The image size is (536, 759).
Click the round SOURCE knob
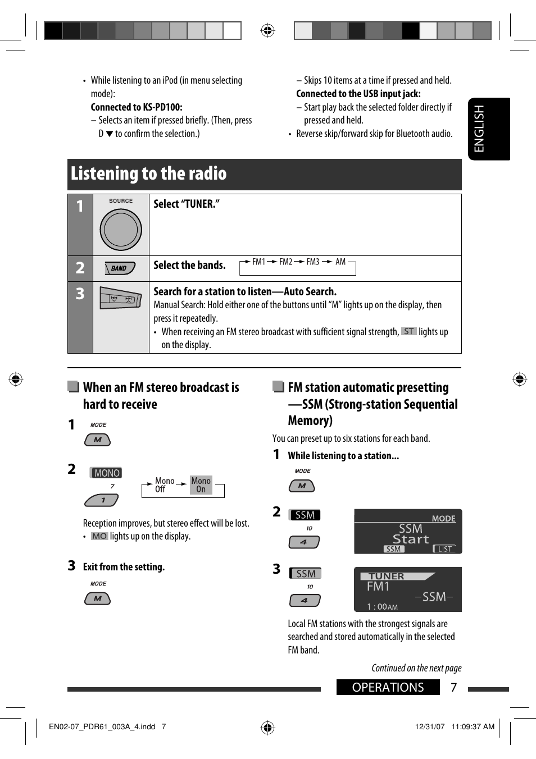coord(121,230)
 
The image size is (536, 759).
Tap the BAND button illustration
coord(120,268)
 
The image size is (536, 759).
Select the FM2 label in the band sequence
coord(285,262)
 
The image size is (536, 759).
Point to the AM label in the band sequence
coord(340,262)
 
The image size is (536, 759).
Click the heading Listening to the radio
coord(149,174)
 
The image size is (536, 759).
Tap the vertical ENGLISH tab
coord(479,129)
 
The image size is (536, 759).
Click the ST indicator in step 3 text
coord(408,332)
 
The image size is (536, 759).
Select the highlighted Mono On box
coord(201,485)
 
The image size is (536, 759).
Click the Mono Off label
coord(164,485)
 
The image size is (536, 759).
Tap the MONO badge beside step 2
coord(107,473)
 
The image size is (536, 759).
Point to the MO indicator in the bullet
coord(99,536)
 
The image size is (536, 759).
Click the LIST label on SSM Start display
coord(444,549)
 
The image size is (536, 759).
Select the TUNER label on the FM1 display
coord(387,576)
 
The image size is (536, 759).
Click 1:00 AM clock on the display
coord(382,607)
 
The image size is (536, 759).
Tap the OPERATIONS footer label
coord(388,688)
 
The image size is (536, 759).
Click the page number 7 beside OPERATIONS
coord(454,688)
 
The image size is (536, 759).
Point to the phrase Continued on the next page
coord(416,668)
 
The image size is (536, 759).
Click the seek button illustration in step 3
coord(120,298)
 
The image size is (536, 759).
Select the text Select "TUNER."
coord(187,204)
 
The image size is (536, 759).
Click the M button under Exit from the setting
coord(98,599)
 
